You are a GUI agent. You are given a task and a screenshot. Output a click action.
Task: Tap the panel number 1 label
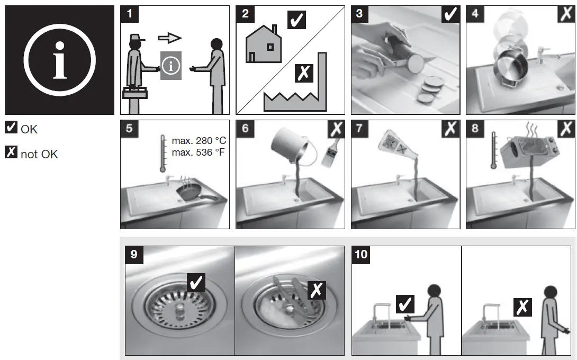click(130, 14)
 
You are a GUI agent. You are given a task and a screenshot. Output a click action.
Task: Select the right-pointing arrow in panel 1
click(170, 38)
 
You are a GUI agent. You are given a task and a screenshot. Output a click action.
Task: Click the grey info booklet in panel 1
click(171, 66)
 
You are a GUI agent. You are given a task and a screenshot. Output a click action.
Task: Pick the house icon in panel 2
click(264, 45)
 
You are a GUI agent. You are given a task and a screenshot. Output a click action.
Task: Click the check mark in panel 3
click(450, 14)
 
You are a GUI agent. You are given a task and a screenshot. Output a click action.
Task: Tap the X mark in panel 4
click(565, 14)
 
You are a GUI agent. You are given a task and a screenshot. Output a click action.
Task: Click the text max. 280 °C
click(199, 141)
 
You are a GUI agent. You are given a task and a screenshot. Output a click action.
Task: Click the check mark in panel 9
click(196, 282)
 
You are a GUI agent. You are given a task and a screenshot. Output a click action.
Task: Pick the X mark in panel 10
click(522, 307)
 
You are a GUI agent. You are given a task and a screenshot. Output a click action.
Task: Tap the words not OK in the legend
click(39, 155)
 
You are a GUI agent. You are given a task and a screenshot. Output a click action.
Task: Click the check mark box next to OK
click(11, 128)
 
